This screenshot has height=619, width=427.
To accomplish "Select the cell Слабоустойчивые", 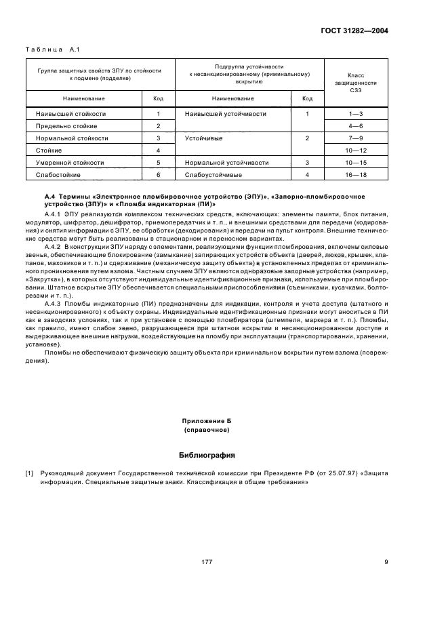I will tap(213, 175).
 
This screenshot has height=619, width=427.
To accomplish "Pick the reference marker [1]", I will tap(29, 473).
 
